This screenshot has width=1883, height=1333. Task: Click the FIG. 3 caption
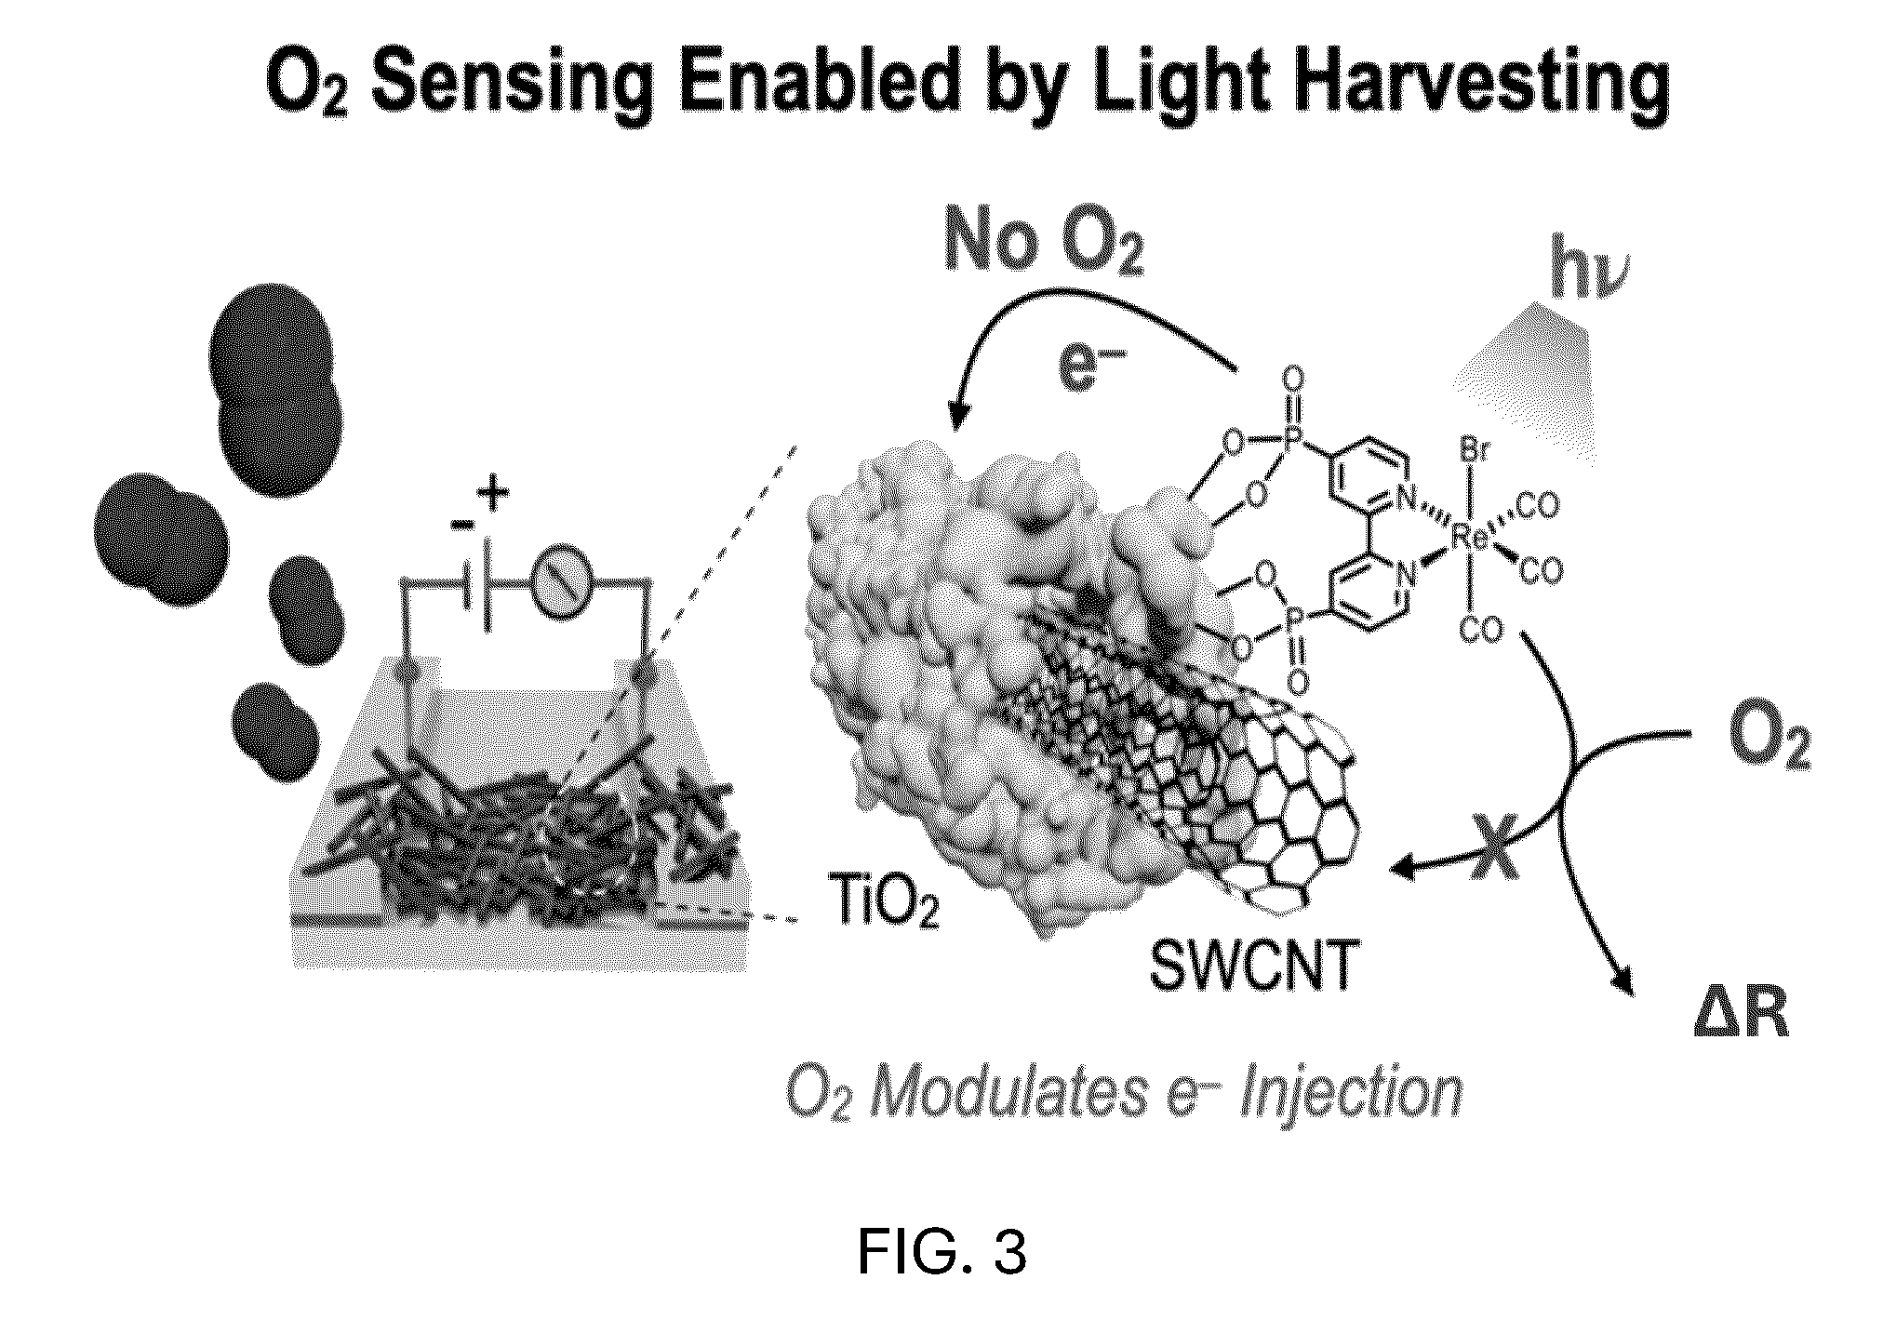click(x=941, y=1252)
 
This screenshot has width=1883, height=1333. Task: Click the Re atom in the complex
click(x=1469, y=533)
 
